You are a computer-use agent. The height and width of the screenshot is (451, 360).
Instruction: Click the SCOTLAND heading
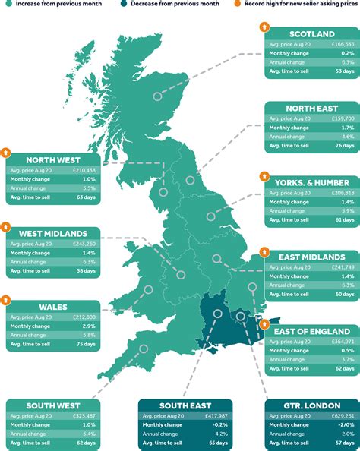[311, 34]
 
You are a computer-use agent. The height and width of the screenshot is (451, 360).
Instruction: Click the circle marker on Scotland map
[157, 96]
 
